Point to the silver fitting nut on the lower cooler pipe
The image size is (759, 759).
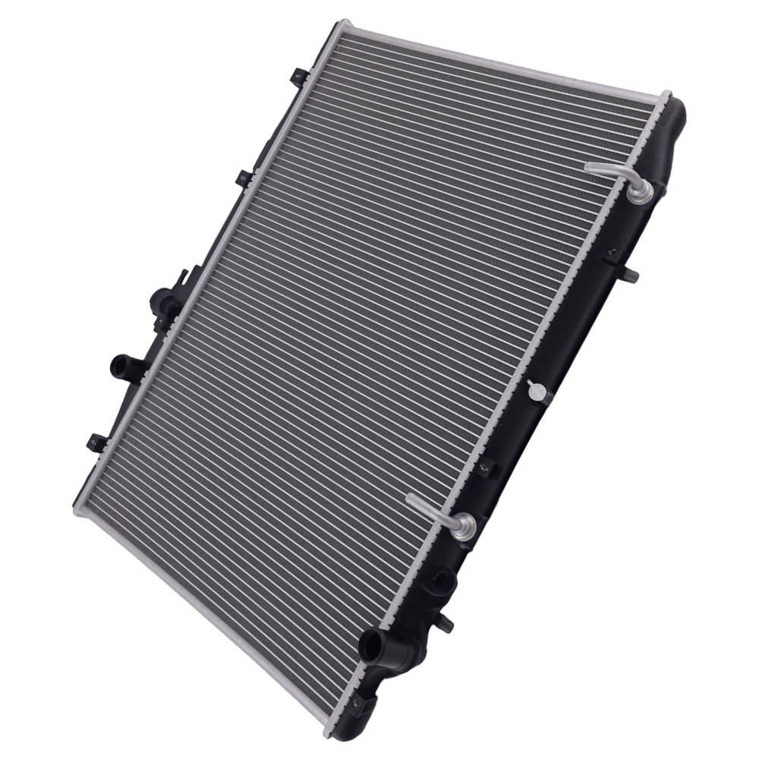click(460, 524)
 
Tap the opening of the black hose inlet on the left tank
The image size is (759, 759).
click(118, 366)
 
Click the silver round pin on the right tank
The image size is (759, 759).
click(537, 391)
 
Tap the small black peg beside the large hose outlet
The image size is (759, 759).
click(447, 625)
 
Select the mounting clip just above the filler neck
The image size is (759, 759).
click(244, 178)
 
